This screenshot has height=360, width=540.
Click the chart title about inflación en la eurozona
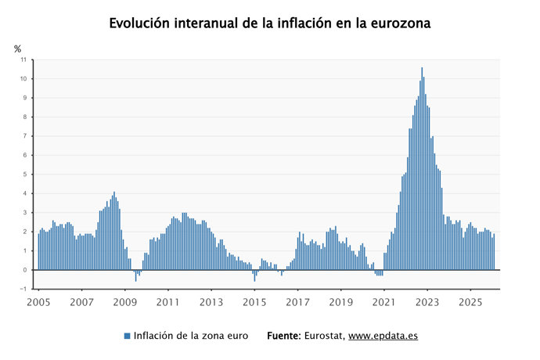coord(270,23)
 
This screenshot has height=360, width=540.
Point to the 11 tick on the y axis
coord(23,59)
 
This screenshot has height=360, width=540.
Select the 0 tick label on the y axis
coord(24,270)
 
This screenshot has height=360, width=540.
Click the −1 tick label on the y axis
coord(23,289)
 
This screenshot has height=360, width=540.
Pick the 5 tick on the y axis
coord(24,175)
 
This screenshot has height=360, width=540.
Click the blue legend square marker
coord(127,336)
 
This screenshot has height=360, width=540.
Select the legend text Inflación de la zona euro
coord(191,336)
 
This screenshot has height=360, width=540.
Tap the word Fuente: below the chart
coord(284,336)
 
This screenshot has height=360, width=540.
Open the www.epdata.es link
coord(383,336)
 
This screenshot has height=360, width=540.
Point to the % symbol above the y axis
coord(17,49)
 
